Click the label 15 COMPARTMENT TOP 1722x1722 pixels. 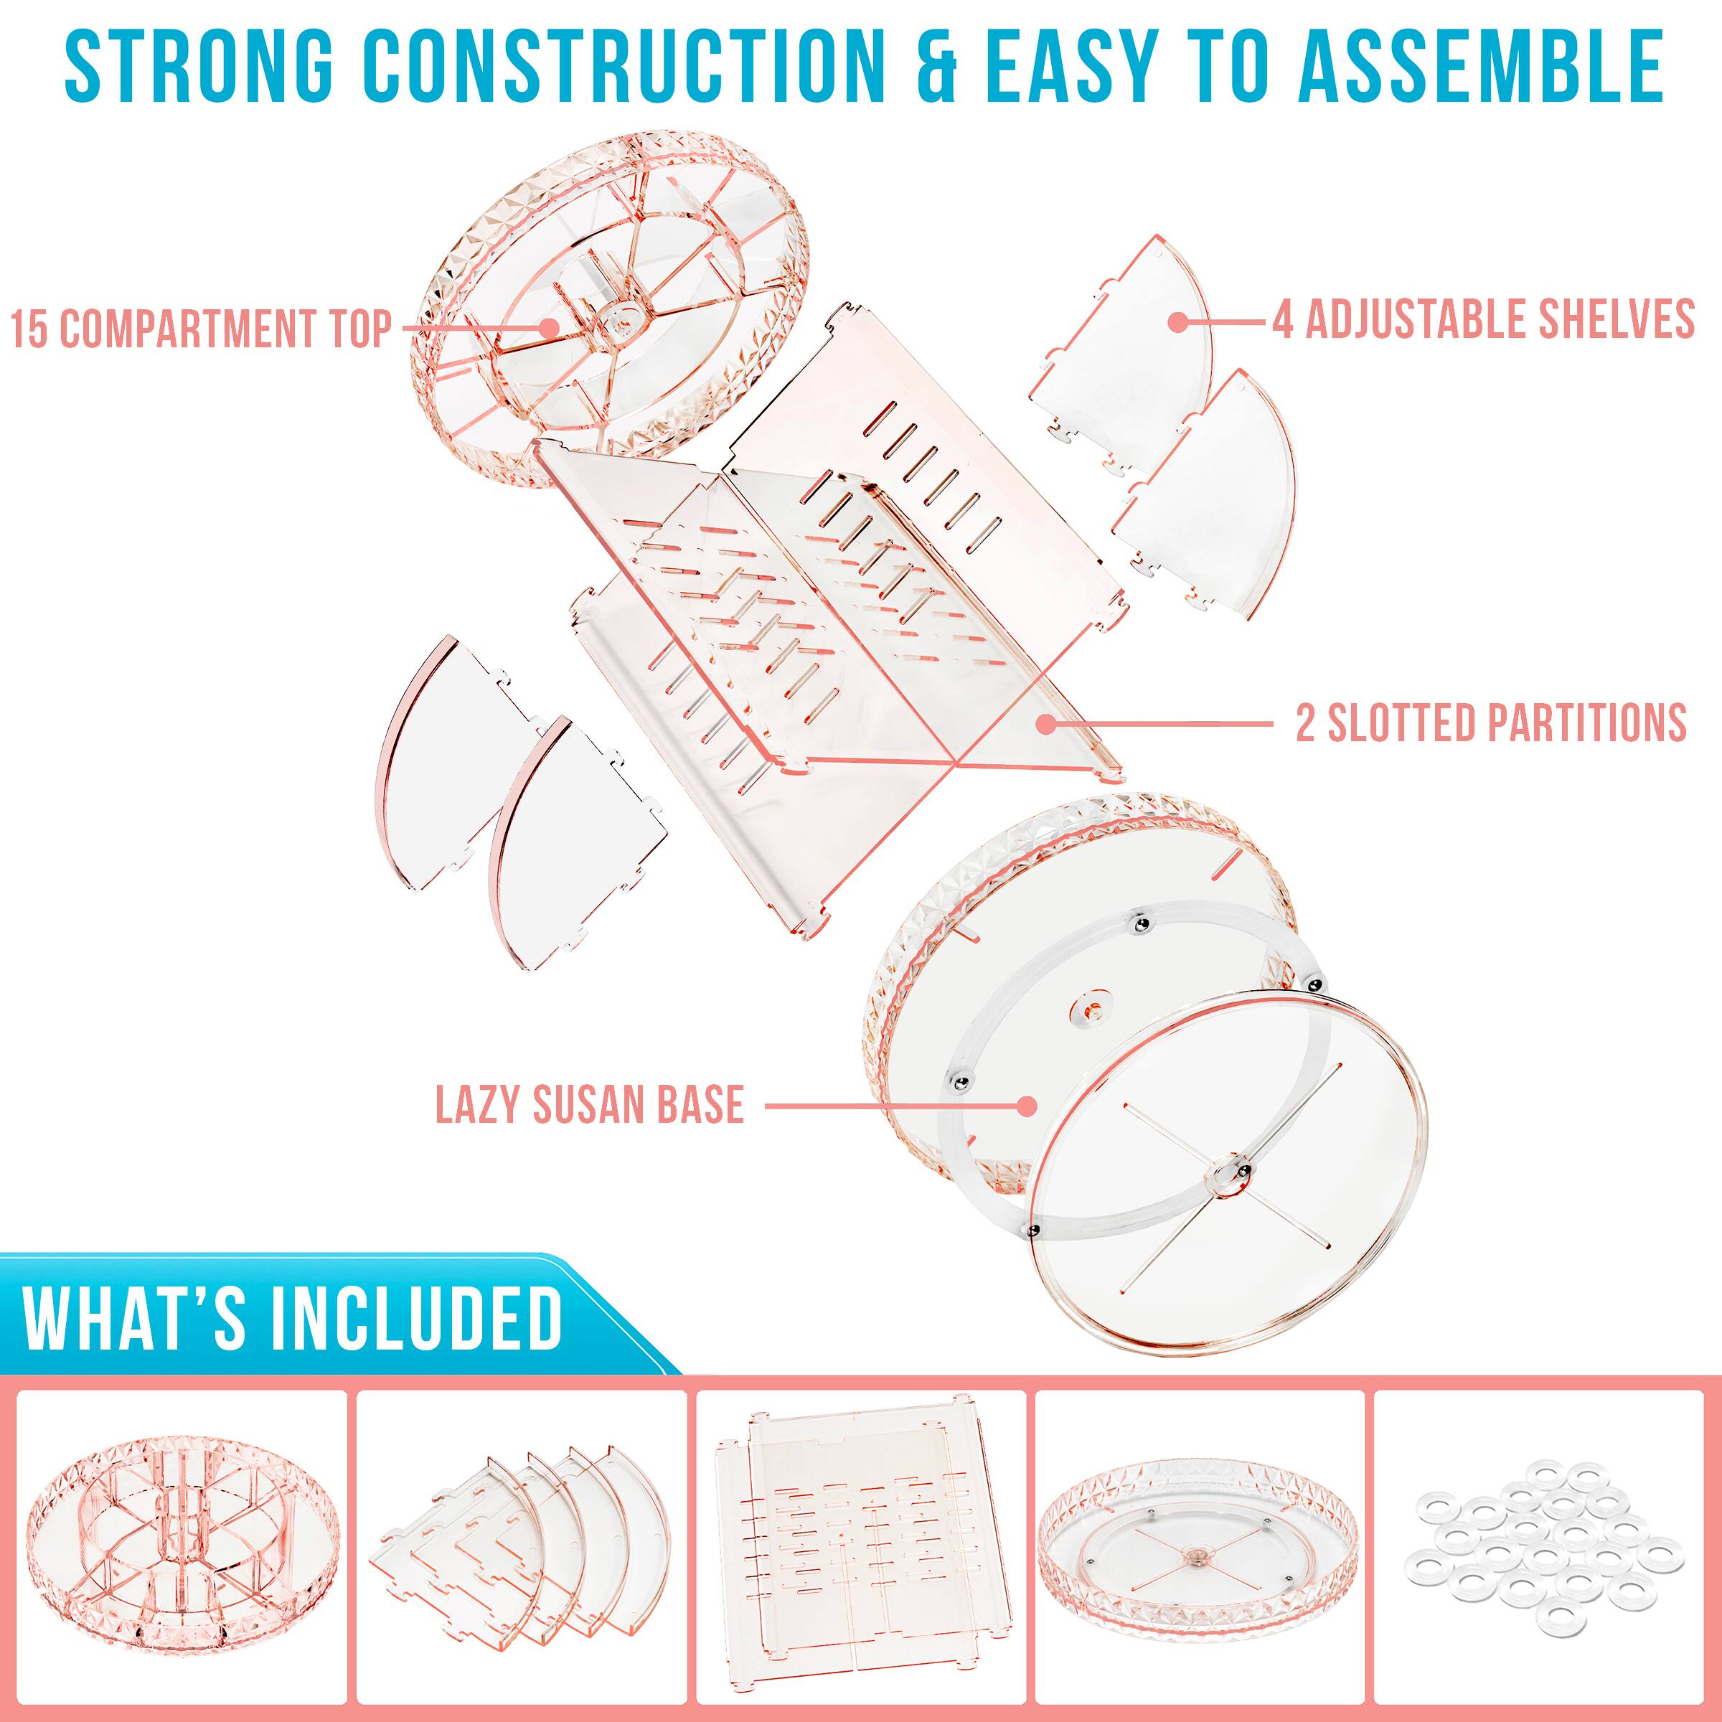(202, 329)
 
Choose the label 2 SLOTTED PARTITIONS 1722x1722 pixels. (1490, 723)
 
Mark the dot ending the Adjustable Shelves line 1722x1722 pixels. (1178, 320)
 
